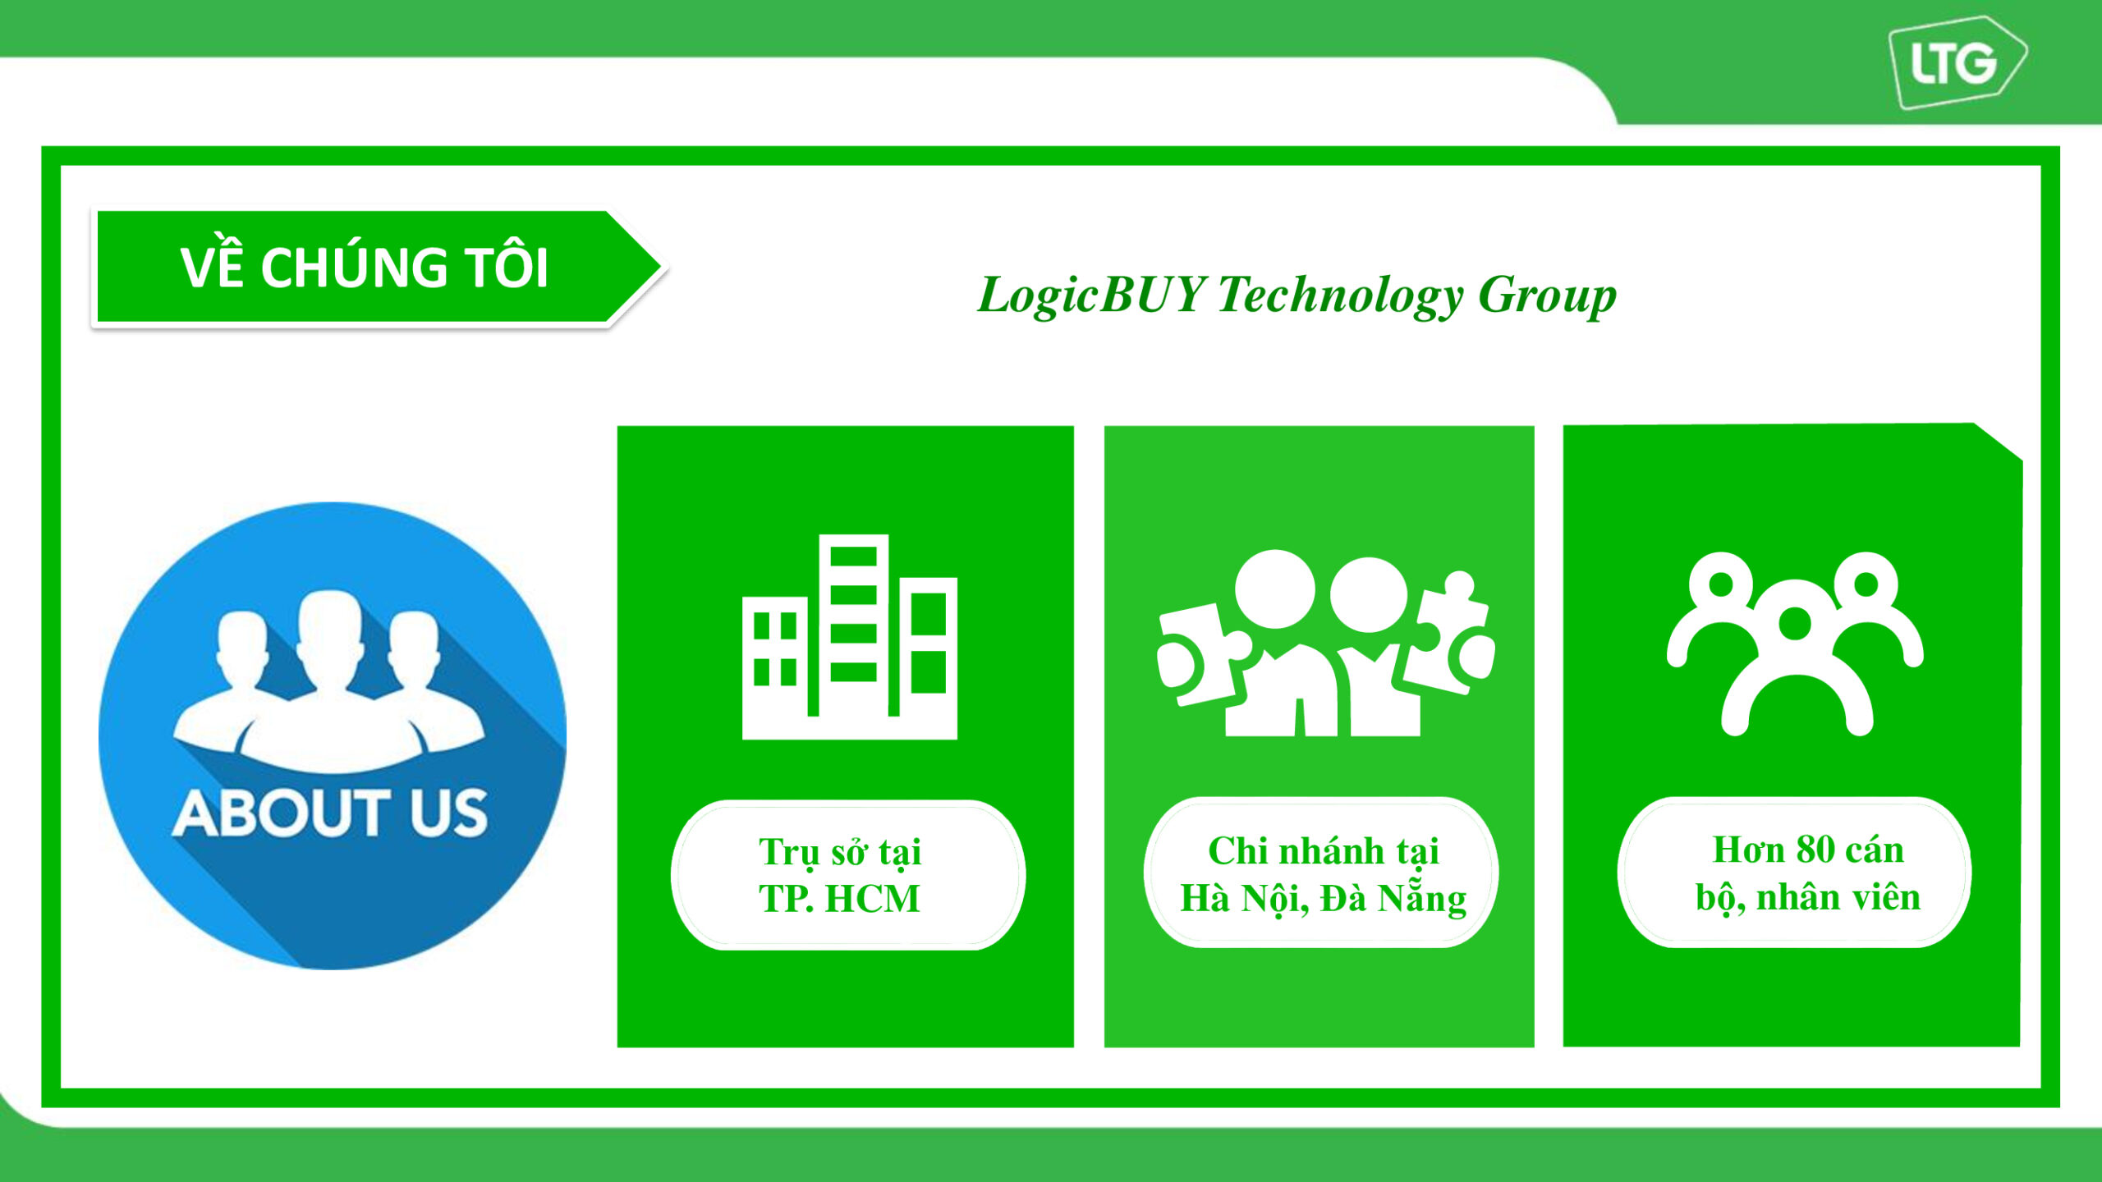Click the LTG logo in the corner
[1957, 62]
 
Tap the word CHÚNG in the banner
[355, 267]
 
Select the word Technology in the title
[1340, 296]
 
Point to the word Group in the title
[1547, 296]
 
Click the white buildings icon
[850, 637]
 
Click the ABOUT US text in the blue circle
[330, 813]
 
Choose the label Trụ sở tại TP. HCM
[839, 875]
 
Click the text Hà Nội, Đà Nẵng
[1323, 898]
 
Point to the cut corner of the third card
[1999, 442]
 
